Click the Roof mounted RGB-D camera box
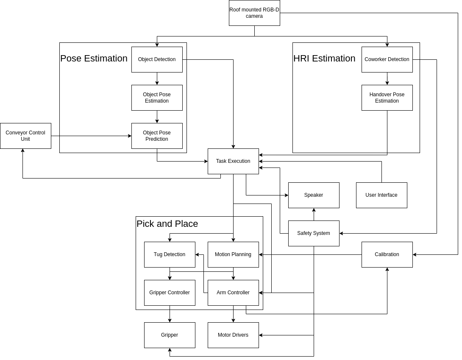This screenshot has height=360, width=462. click(254, 13)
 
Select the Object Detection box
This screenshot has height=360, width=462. click(157, 59)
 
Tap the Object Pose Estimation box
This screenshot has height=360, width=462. click(157, 98)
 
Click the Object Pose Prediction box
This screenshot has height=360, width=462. click(157, 136)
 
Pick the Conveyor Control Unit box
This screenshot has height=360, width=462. click(25, 136)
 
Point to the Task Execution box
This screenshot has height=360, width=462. click(233, 161)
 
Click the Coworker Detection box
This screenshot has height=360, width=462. click(387, 59)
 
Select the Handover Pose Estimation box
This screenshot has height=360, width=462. click(387, 98)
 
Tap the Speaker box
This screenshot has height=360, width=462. click(314, 195)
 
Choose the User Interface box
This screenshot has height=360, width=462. click(381, 195)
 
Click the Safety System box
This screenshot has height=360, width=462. click(314, 233)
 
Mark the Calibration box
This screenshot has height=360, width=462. click(387, 254)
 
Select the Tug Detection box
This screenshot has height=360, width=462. click(170, 254)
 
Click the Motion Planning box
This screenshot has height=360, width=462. click(233, 254)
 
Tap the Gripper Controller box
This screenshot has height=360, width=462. click(170, 293)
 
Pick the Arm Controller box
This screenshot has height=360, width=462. click(233, 293)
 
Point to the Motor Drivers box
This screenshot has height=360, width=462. click(233, 335)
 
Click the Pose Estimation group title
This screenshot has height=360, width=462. click(94, 59)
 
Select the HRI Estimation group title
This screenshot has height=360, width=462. click(324, 59)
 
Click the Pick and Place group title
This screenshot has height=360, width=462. click(167, 224)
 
